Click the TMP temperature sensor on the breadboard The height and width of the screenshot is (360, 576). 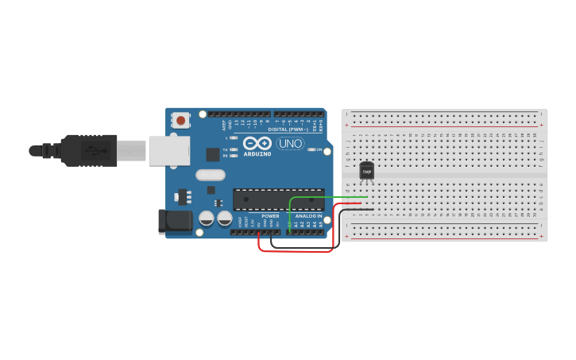click(366, 170)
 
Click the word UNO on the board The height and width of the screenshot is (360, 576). click(290, 144)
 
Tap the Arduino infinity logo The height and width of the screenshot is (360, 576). click(257, 143)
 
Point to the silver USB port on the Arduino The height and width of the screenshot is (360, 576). click(169, 150)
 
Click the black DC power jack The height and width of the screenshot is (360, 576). click(174, 222)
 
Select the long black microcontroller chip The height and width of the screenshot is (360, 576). click(278, 199)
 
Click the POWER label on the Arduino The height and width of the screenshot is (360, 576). click(270, 215)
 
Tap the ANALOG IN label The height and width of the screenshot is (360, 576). click(308, 215)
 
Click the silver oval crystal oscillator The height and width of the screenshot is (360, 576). click(210, 175)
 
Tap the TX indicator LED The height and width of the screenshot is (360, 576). click(234, 149)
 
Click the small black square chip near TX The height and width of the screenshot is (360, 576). click(212, 155)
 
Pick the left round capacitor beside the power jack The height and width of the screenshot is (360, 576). click(206, 217)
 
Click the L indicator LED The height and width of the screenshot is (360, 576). click(234, 137)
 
